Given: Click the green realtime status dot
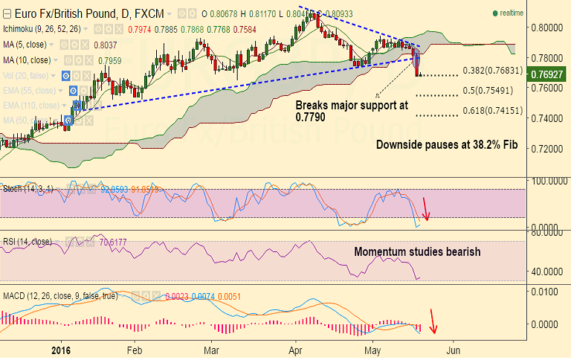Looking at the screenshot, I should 495,13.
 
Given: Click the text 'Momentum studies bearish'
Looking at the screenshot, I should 416,252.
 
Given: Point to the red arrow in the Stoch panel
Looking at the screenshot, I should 425,209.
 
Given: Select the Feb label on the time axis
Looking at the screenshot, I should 135,349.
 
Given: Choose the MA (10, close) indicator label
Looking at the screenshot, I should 27,60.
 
